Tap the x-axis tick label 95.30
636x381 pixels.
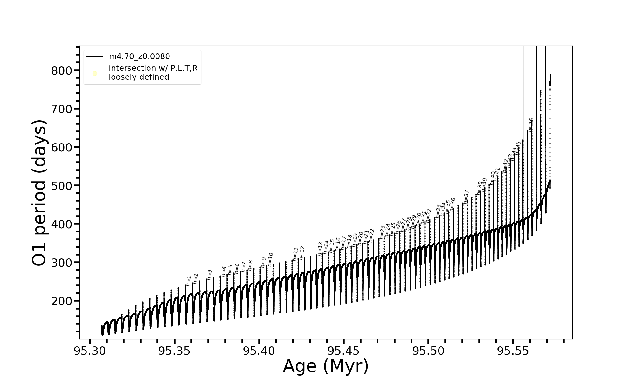tap(90, 351)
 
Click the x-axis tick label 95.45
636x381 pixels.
tap(344, 351)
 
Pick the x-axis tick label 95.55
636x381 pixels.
tap(513, 351)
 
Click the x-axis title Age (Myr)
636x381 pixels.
tap(326, 366)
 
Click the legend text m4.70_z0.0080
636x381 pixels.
tap(139, 57)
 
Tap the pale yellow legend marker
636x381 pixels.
tap(95, 74)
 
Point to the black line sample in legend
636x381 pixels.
tap(95, 57)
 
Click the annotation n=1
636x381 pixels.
tap(189, 281)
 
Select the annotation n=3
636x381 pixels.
tap(210, 275)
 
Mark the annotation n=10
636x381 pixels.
tap(270, 259)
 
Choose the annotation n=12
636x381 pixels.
tap(302, 253)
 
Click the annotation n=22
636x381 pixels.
tap(371, 235)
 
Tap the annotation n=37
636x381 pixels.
tap(466, 197)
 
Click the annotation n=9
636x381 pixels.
tap(263, 262)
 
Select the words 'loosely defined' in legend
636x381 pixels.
tap(139, 77)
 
